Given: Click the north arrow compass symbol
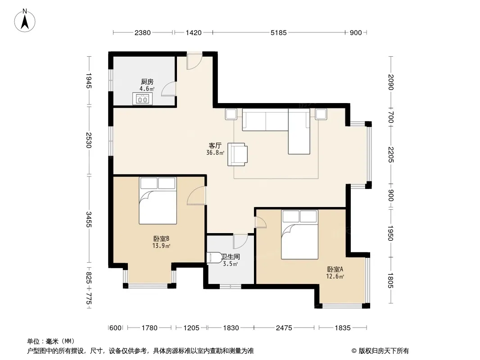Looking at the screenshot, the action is [25, 21].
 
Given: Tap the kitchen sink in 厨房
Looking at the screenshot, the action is [142, 99].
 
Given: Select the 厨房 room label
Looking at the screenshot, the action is [147, 81].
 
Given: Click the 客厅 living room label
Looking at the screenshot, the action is [215, 146].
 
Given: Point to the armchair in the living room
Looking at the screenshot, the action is [238, 154].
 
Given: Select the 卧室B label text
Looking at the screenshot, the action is [161, 238].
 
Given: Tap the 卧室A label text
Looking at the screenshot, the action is [335, 269].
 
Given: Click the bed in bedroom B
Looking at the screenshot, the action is [158, 201].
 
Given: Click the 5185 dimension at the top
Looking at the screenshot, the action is [279, 32].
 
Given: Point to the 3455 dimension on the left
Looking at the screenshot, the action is [88, 219].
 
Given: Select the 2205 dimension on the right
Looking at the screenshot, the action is [390, 155].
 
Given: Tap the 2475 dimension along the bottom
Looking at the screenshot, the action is [284, 328].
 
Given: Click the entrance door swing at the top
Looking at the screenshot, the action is [195, 61].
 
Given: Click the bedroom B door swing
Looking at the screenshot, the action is [196, 195].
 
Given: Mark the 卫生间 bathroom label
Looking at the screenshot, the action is [231, 256].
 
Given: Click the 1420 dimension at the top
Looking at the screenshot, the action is [194, 32].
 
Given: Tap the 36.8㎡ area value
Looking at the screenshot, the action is [215, 153].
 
